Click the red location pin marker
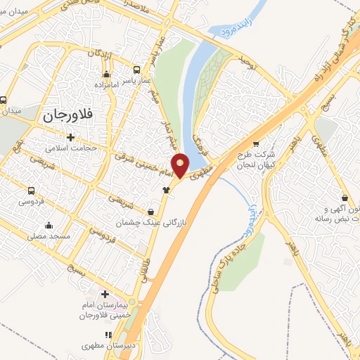point(181,165)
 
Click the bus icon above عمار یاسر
point(137,70)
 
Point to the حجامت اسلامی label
point(70,148)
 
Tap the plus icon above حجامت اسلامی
point(70,137)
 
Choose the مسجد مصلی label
point(49,236)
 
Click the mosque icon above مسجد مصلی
point(49,225)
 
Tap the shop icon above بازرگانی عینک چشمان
point(151,211)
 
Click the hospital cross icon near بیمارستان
point(106,294)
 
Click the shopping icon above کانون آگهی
point(345,199)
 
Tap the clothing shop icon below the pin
point(167,188)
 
